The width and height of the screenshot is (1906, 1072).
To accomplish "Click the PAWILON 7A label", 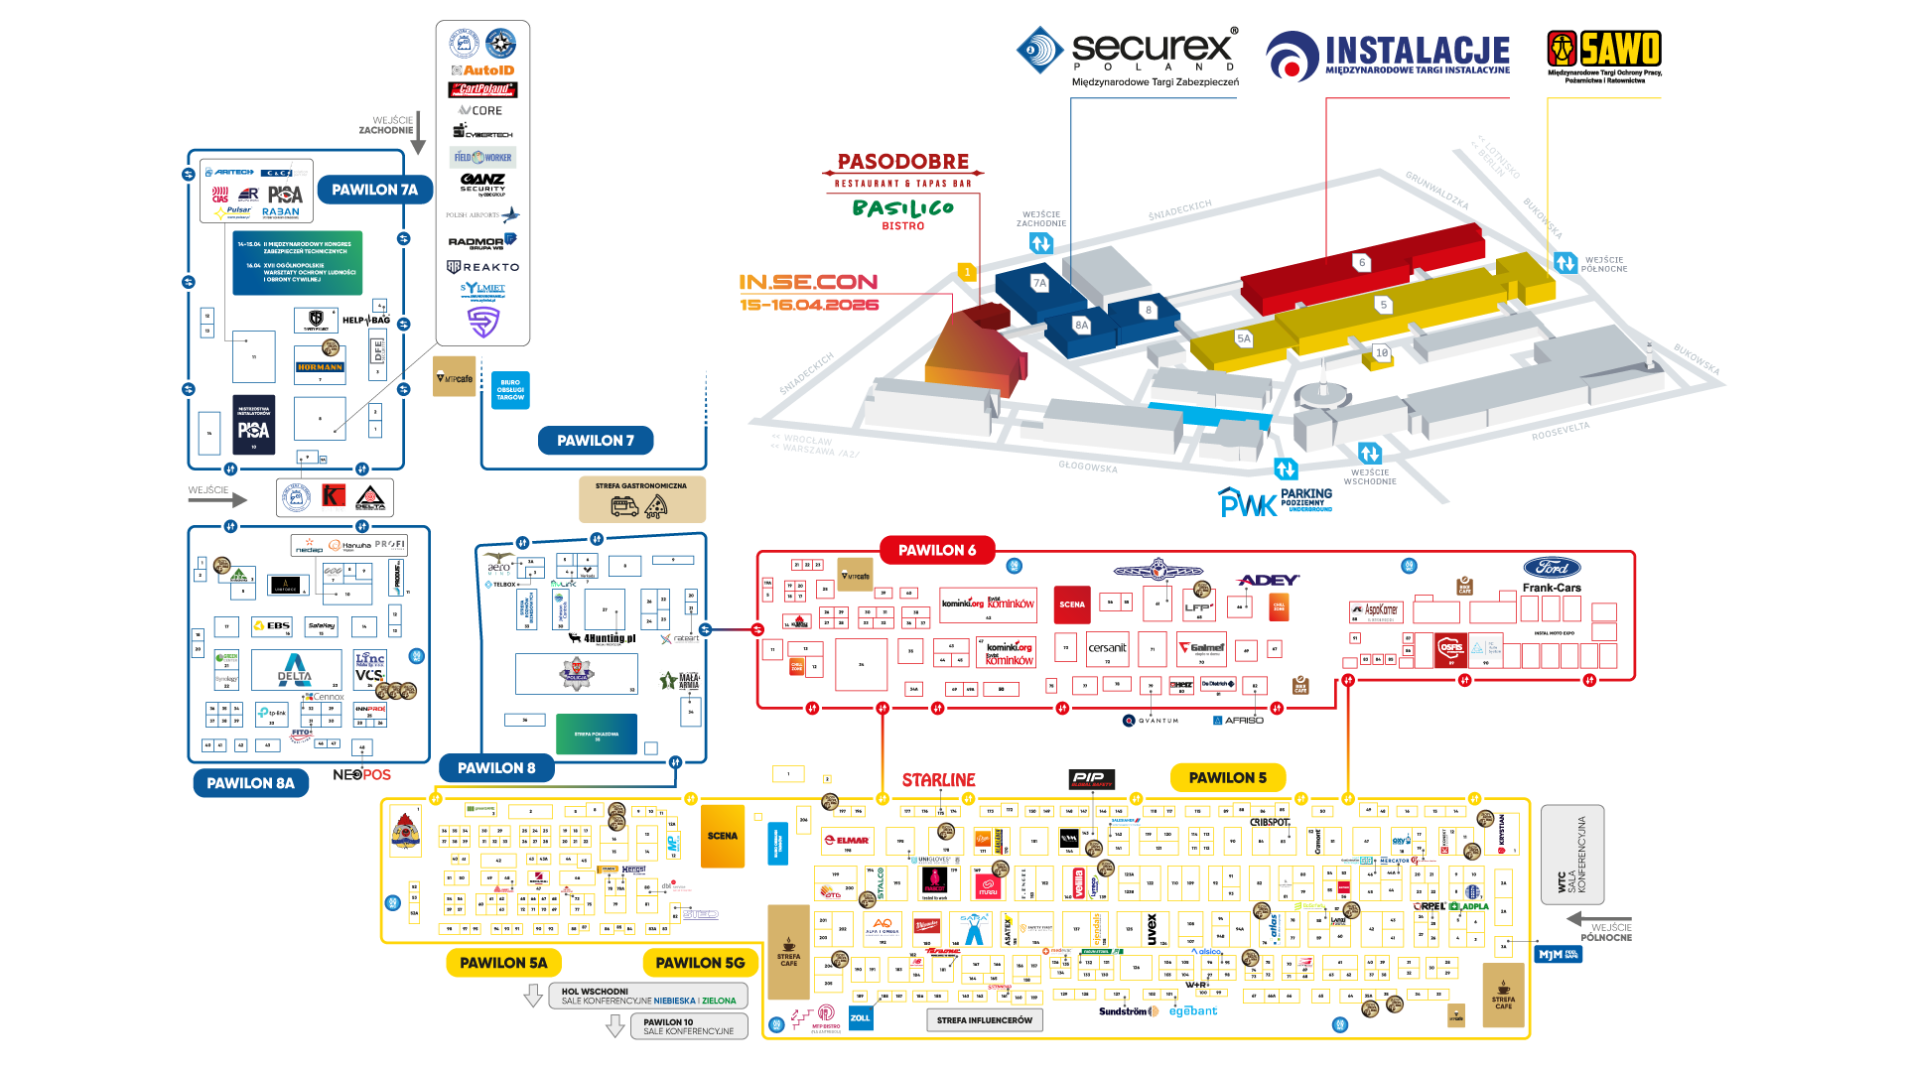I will point(374,190).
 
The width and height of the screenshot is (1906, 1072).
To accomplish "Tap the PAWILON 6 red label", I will point(937,550).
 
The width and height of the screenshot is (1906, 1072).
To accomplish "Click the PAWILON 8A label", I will point(250,783).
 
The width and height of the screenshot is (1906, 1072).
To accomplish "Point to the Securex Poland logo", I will point(1129,54).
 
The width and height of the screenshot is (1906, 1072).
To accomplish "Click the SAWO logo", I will point(1604,56).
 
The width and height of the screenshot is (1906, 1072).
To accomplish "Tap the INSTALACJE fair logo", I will point(1388,56).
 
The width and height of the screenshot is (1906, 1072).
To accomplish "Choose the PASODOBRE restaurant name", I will point(902,162).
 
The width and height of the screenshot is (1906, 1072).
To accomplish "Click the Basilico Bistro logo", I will point(902,211).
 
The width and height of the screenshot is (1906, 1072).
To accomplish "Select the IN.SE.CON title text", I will point(808,283).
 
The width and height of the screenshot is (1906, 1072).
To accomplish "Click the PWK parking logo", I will point(1275,501).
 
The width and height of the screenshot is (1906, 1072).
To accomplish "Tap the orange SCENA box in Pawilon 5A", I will point(722,836).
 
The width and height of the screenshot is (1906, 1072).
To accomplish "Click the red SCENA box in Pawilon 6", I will point(1072,604).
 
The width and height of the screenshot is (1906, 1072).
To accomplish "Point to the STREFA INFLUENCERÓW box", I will point(984,1020).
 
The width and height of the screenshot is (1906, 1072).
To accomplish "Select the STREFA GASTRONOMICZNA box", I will point(641,499).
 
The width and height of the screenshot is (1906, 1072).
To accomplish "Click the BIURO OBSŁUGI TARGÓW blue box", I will point(510,390).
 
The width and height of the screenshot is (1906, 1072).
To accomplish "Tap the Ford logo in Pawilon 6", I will point(1552,568).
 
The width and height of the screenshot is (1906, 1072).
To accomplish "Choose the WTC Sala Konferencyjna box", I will point(1571,855).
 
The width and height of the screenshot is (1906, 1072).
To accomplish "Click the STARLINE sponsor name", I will point(938,780).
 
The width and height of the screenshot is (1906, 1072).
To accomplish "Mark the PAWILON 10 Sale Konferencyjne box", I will point(688,1026).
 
